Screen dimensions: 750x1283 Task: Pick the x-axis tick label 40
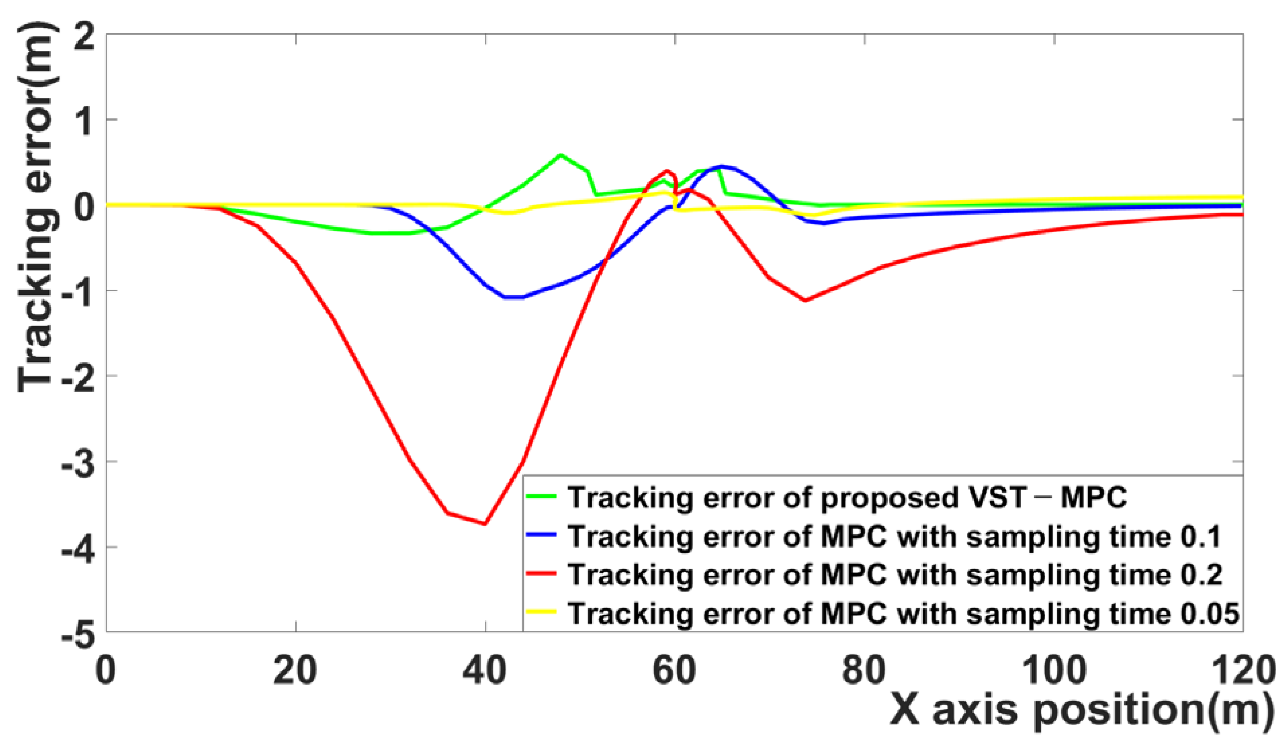(x=485, y=671)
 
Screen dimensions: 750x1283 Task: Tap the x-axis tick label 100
(x=1054, y=671)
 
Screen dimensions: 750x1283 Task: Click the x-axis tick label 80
(x=865, y=671)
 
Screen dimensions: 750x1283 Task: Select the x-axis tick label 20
(x=296, y=671)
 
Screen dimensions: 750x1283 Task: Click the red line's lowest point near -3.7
(x=485, y=524)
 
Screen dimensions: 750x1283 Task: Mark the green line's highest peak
(x=560, y=155)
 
